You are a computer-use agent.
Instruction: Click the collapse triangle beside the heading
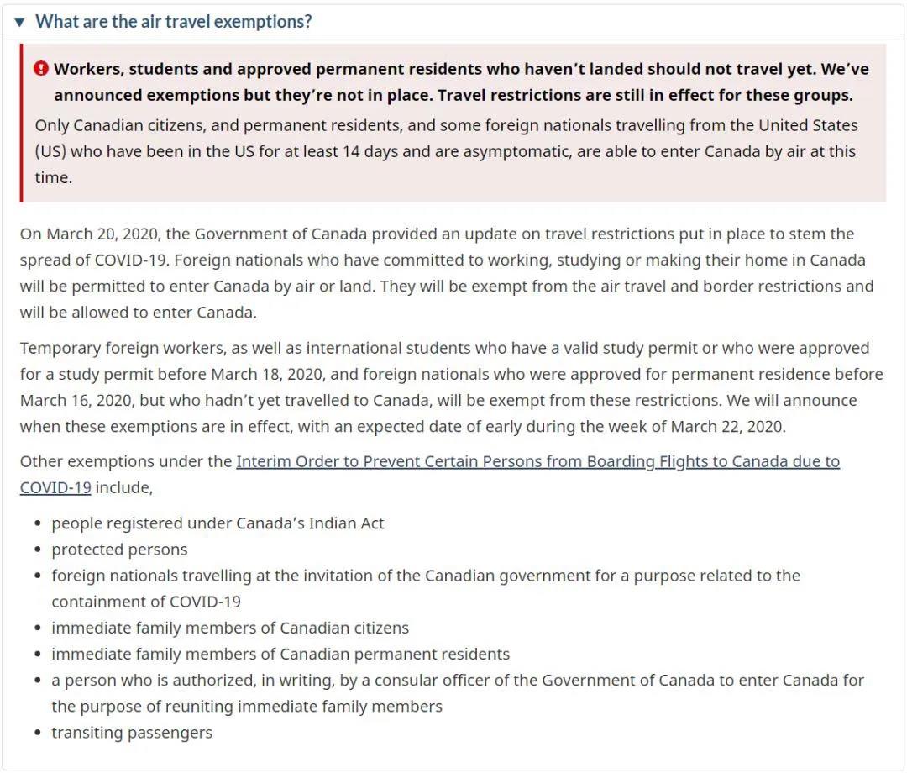pos(20,22)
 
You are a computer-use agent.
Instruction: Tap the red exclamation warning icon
pos(41,69)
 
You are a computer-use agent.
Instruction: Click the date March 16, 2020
pos(77,400)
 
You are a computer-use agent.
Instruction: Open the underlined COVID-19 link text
pos(55,487)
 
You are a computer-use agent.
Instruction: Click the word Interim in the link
pos(265,461)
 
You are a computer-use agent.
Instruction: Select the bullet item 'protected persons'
pos(119,550)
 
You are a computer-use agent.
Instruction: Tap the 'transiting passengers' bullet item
pos(132,733)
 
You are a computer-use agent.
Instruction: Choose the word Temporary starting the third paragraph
pos(61,348)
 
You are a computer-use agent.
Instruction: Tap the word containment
pos(107,602)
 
